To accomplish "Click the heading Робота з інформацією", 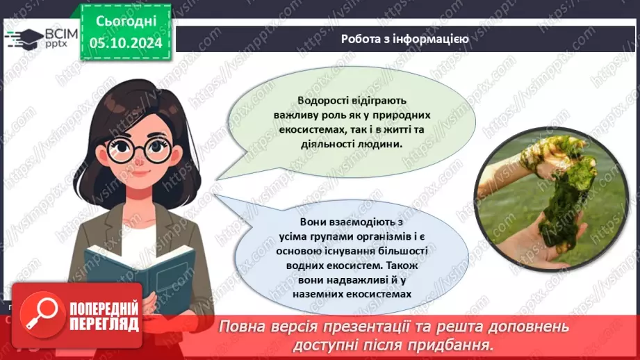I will pos(404,39).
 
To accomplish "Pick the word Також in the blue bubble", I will pos(399,265).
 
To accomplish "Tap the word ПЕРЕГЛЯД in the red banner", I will pos(103,323).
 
